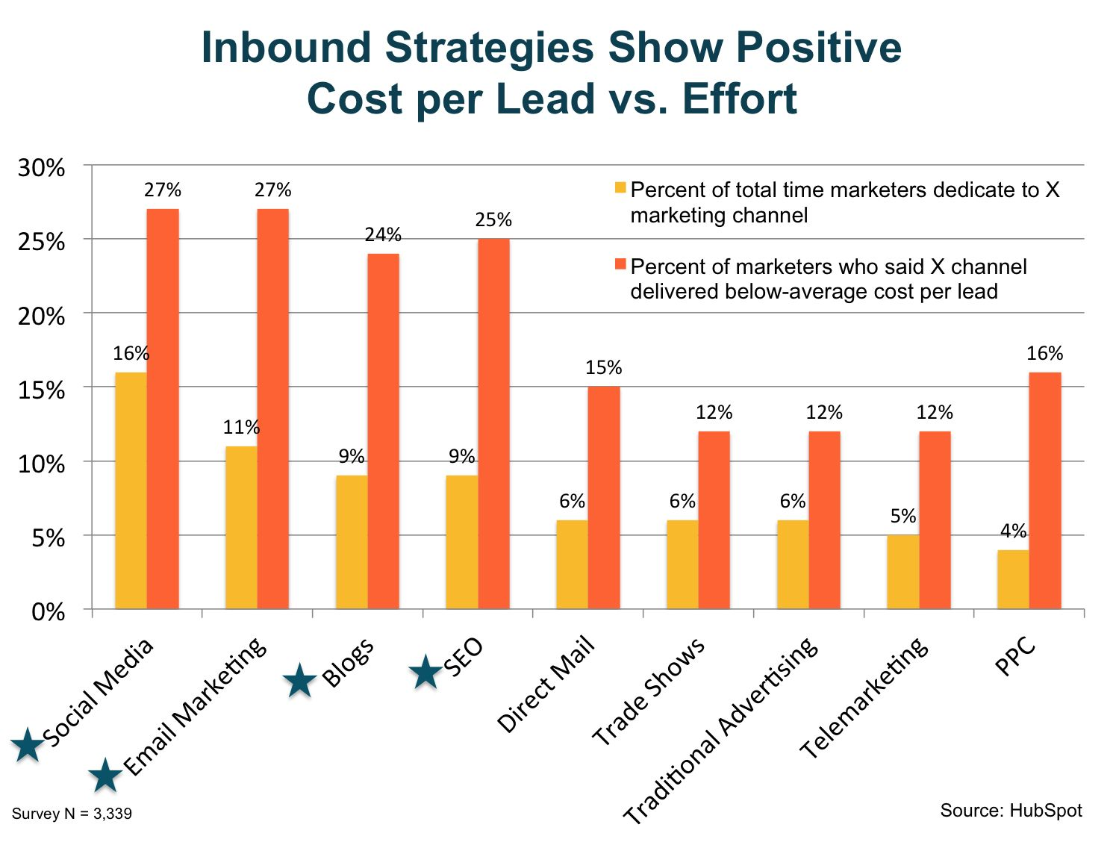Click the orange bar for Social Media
tap(163, 409)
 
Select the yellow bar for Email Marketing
tap(241, 528)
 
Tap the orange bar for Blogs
tap(383, 431)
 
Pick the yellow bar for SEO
tap(462, 542)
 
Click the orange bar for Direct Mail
tap(603, 498)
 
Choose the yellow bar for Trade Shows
tap(682, 564)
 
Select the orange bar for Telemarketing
tap(935, 520)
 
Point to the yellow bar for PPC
tap(1013, 579)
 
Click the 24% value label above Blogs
tap(383, 235)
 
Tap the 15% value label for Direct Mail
tap(603, 368)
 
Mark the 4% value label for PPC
tap(1013, 531)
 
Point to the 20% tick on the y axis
tap(42, 317)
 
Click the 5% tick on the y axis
tap(49, 538)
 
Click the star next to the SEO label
tap(426, 672)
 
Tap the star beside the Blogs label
tap(300, 681)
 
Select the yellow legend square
tap(620, 188)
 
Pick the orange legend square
tap(620, 265)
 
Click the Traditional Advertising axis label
tap(721, 731)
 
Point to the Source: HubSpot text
tap(1011, 811)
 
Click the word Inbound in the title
tap(286, 48)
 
